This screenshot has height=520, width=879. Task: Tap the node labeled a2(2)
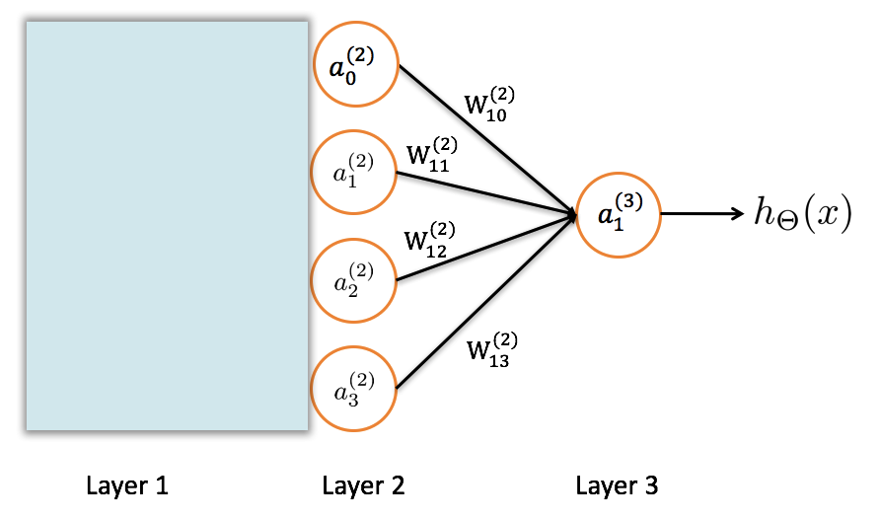[x=353, y=281]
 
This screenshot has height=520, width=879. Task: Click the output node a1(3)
[x=619, y=213]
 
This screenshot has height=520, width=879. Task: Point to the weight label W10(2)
[x=490, y=105]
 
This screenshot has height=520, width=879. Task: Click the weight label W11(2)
[x=432, y=157]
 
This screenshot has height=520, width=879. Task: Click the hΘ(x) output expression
[x=801, y=213]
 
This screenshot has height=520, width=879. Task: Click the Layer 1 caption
[x=127, y=485]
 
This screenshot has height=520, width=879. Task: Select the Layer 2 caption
[x=363, y=485]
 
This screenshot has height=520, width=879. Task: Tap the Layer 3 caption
[x=617, y=485]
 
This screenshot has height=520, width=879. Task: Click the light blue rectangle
[x=167, y=226]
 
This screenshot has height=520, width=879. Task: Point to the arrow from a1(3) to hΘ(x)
[x=701, y=213]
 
